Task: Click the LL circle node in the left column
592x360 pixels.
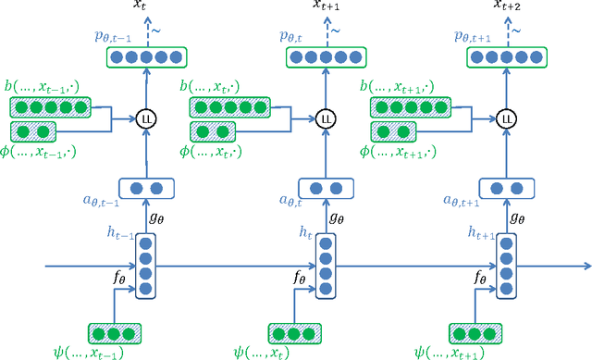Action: (x=145, y=118)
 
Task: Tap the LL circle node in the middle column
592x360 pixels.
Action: (x=325, y=118)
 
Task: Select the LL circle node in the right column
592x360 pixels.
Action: (x=505, y=118)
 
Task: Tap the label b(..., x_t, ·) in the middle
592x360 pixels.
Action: (x=217, y=86)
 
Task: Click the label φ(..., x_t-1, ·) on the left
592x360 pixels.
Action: (x=41, y=150)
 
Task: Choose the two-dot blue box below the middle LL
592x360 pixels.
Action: (x=325, y=189)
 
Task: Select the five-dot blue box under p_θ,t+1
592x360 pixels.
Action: (x=505, y=57)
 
